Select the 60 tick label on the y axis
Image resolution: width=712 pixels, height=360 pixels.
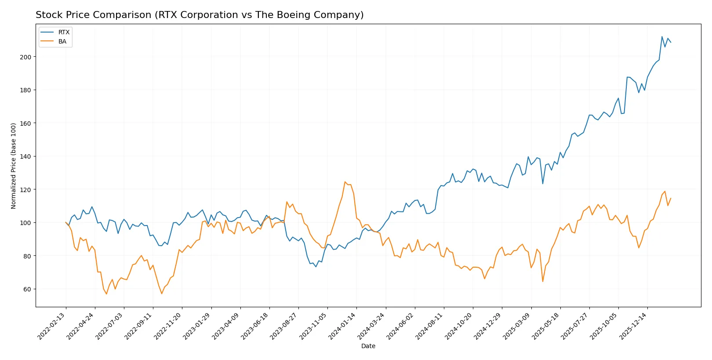27,289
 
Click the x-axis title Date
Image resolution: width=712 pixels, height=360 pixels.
368,346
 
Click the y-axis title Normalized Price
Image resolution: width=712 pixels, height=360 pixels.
14,166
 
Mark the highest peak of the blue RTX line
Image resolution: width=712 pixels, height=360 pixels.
662,36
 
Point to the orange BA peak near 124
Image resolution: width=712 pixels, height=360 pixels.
345,182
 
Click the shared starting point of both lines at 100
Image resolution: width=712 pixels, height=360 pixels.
66,222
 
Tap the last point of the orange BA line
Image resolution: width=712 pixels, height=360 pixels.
671,198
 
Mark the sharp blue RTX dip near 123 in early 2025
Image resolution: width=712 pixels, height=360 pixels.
543,184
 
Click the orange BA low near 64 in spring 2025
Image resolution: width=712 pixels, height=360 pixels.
543,281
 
